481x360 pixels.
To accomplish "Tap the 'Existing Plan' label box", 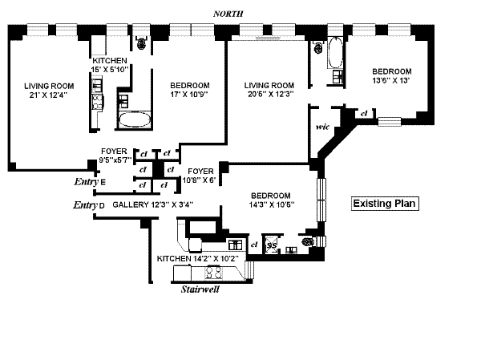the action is point(386,204).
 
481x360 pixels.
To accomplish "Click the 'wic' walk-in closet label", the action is point(324,126).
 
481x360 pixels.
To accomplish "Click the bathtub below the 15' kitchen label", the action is point(134,121).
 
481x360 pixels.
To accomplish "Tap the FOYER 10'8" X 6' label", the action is point(200,176).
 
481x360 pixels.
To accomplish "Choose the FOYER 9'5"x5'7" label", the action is point(114,156).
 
